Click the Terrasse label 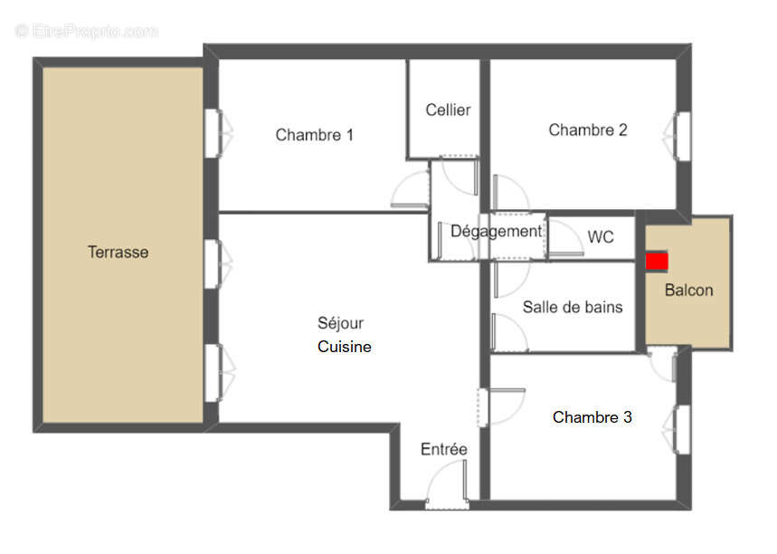click(118, 253)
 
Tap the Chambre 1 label click(314, 135)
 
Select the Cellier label click(448, 110)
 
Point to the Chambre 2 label click(587, 129)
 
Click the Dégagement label click(496, 231)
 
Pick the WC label click(600, 237)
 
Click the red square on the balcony click(657, 261)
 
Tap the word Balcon click(688, 291)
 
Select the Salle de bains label click(572, 307)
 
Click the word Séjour click(340, 323)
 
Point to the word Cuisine click(344, 347)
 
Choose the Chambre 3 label click(592, 417)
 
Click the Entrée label click(443, 449)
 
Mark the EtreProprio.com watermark click(86, 31)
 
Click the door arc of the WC click(566, 240)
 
